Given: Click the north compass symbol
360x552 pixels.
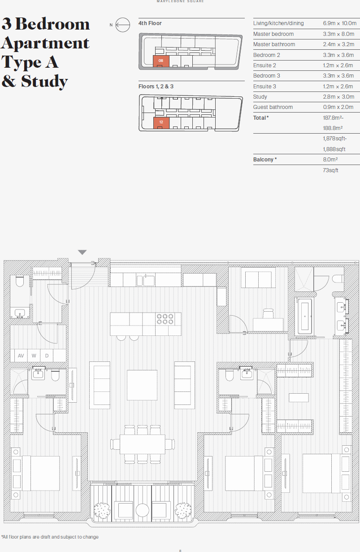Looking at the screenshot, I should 122,25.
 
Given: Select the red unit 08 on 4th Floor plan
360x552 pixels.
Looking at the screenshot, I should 161,61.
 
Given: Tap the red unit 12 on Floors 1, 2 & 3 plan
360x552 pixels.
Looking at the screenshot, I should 161,123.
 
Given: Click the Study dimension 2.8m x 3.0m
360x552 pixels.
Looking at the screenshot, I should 338,97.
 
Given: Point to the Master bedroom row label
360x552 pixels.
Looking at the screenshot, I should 273,34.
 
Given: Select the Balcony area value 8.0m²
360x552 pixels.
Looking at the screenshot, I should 330,160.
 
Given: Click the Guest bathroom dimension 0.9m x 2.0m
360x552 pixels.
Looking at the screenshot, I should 338,107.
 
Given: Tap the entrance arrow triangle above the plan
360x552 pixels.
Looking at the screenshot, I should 82,252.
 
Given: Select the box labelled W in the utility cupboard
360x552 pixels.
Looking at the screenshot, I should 34,356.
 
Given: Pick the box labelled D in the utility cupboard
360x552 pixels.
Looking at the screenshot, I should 47,356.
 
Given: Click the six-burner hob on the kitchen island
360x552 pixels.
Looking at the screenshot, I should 165,319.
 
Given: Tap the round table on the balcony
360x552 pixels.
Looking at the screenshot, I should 143,510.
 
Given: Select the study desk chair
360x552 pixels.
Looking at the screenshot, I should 268,313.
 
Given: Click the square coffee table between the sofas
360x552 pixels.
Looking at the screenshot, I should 142,385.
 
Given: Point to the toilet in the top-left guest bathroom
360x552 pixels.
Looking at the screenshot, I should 19,281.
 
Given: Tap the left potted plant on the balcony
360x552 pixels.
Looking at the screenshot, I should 102,509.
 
